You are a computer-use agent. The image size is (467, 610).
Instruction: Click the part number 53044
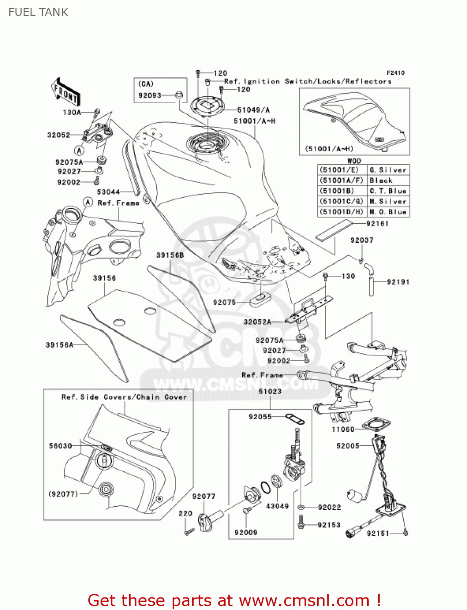[x=108, y=192]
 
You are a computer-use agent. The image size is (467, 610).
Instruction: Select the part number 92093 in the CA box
[x=149, y=96]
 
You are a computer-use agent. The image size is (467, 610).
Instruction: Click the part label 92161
[x=377, y=224]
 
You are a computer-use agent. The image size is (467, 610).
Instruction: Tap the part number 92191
[x=398, y=282]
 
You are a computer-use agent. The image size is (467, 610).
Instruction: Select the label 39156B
[x=170, y=255]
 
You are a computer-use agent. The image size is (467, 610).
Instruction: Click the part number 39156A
[x=59, y=345]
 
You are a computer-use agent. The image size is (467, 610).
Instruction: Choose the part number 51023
[x=270, y=391]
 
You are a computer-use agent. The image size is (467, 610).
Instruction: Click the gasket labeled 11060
[x=376, y=423]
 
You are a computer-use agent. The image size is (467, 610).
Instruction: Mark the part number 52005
[x=348, y=446]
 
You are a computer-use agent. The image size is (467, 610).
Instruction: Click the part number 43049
[x=277, y=506]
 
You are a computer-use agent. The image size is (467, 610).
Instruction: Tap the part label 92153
[x=329, y=525]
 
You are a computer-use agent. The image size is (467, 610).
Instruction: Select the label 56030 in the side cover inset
[x=60, y=446]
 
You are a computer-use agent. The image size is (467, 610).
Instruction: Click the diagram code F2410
[x=395, y=73]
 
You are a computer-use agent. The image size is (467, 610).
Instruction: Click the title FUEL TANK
[x=38, y=12]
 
